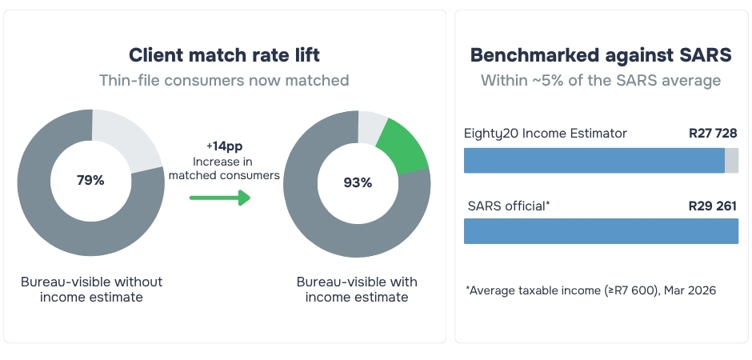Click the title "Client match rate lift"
pos(224,55)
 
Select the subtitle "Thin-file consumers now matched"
pos(224,80)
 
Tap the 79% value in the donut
pos(90,180)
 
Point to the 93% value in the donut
pos(358,182)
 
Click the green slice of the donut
pos(404,146)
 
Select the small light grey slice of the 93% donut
pos(372,126)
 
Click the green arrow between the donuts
pos(220,198)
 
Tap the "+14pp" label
pos(223,146)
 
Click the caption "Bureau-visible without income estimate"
pos(92,289)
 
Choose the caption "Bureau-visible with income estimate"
pos(357,289)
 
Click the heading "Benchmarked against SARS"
pos(601,55)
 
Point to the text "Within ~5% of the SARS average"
pos(601,80)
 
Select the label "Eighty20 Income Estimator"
pos(546,133)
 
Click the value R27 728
pos(713,133)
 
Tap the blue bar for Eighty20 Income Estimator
pos(594,160)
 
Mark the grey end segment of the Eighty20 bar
pos(731,160)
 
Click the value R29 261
pos(713,206)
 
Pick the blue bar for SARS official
pos(601,231)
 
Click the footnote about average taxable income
pos(591,290)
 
